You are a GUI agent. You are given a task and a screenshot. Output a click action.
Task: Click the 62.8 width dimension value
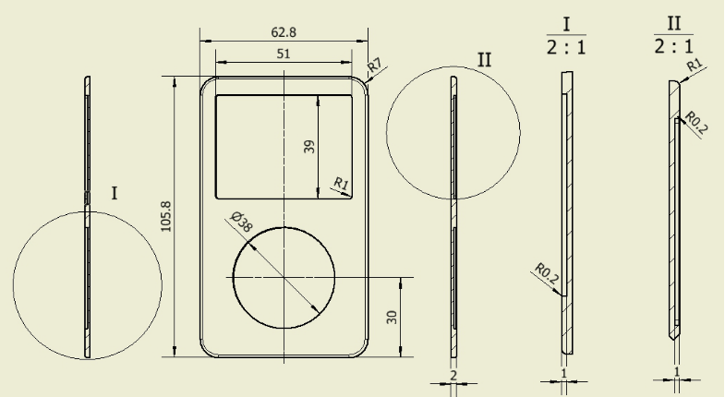[x=284, y=32]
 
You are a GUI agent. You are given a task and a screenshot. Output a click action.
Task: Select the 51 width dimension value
[x=284, y=54]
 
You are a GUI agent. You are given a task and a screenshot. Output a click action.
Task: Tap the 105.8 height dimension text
[x=165, y=216]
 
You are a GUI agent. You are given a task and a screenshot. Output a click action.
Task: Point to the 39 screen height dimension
[x=309, y=147]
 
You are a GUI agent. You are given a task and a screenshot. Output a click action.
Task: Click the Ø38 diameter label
[x=241, y=222]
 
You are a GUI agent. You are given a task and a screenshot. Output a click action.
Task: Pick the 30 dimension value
[x=392, y=317]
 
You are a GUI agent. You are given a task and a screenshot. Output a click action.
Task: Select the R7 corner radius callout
[x=375, y=65]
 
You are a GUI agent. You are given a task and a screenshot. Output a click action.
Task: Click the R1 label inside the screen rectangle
[x=341, y=184]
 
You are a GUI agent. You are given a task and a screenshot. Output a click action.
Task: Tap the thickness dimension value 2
[x=453, y=375]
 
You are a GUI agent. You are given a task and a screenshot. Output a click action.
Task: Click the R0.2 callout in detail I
[x=547, y=273]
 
